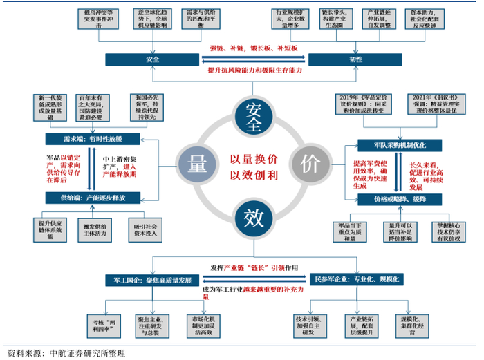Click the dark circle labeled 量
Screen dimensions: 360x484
[194, 163]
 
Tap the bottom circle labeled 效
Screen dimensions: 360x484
[250, 217]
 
